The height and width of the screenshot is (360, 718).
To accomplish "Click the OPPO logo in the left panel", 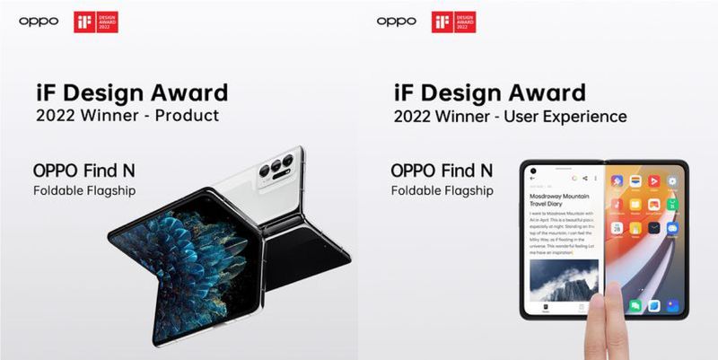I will (x=39, y=21).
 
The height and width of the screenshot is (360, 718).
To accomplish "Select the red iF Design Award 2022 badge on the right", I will (x=452, y=22).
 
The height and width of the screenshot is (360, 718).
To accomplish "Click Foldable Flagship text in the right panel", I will (x=442, y=191).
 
